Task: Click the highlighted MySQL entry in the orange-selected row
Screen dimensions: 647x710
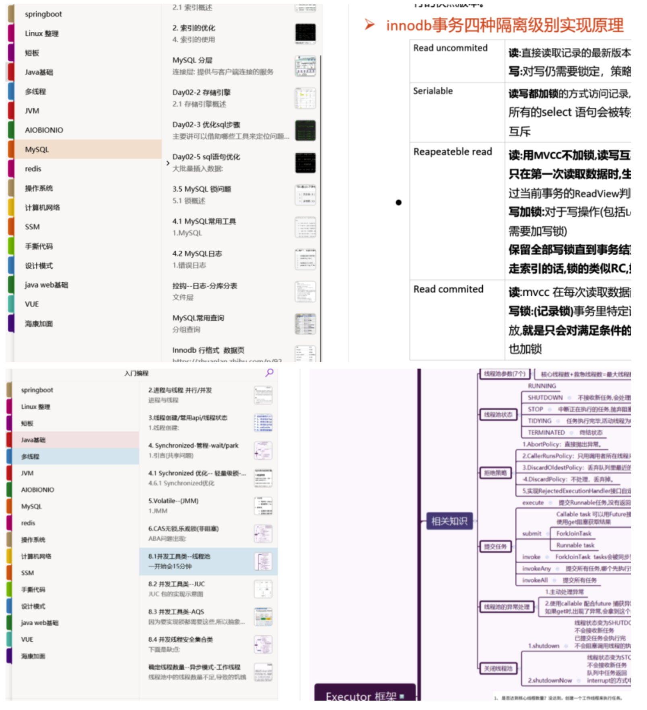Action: [x=37, y=149]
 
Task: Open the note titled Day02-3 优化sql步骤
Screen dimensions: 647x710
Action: [x=206, y=125]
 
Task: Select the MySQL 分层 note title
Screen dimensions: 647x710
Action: [x=192, y=60]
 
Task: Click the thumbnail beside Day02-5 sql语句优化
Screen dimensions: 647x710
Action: [x=305, y=163]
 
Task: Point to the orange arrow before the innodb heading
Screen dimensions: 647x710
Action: [x=369, y=25]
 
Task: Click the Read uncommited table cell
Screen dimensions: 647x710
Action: [x=450, y=48]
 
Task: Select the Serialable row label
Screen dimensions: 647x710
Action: [x=433, y=91]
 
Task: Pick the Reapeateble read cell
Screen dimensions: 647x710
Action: [x=453, y=152]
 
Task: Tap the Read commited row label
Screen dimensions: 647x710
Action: [x=448, y=289]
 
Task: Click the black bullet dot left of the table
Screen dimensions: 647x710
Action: [x=398, y=202]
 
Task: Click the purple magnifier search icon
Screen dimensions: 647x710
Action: [x=269, y=373]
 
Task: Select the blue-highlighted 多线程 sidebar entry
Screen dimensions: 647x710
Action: [x=31, y=456]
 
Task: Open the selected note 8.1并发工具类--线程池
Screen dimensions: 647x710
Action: [x=179, y=556]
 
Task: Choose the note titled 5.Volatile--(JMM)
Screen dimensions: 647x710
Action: [x=173, y=501]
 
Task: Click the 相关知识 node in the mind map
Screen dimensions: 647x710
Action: [x=449, y=521]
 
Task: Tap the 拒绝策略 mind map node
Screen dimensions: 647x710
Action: [x=495, y=473]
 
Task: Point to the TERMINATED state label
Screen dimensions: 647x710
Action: [x=546, y=432]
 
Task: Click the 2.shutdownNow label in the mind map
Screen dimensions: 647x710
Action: [x=550, y=680]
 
